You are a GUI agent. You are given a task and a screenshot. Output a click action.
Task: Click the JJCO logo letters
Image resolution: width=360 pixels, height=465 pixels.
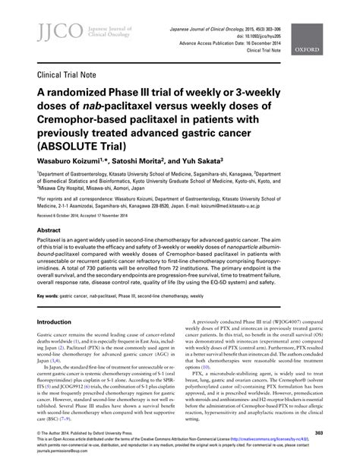[47, 30]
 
